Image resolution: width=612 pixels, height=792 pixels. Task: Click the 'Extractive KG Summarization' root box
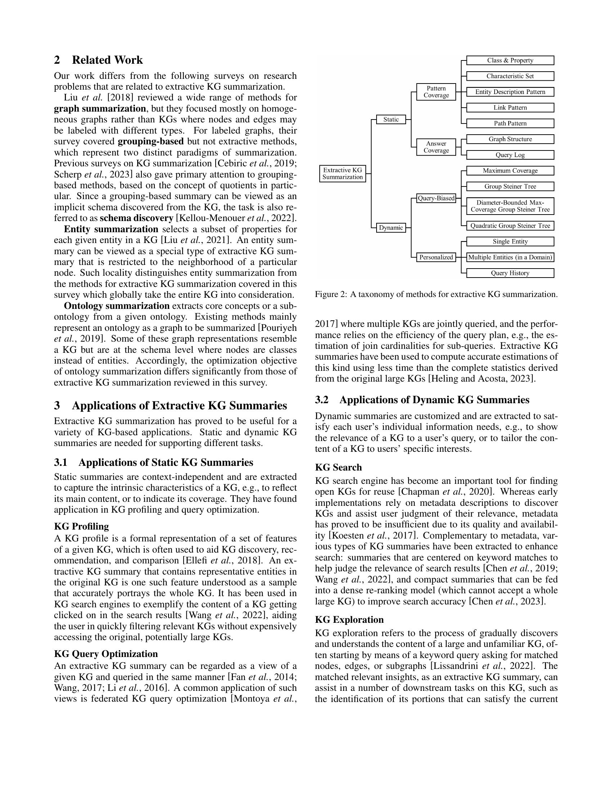(342, 174)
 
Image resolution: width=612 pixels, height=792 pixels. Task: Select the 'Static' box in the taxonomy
(391, 119)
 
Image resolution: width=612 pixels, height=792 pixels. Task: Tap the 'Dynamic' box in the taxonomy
(391, 228)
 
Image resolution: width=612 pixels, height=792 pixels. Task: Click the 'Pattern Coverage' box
(436, 92)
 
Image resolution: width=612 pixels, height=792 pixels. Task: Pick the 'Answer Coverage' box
(436, 147)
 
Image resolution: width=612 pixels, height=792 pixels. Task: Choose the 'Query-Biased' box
(436, 198)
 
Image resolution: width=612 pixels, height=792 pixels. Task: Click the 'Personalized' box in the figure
(436, 257)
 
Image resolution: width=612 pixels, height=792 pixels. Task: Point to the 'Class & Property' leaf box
(510, 60)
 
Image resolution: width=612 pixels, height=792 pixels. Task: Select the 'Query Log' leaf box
(510, 155)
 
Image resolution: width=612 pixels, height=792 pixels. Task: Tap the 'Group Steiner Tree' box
(510, 186)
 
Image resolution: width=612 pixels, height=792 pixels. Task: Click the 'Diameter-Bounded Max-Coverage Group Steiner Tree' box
(510, 206)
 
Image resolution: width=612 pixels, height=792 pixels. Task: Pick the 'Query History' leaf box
(510, 273)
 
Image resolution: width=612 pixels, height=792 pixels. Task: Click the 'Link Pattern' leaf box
(510, 108)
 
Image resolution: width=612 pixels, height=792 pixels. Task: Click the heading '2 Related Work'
(98, 60)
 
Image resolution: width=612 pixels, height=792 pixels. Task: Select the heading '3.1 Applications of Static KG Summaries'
(153, 462)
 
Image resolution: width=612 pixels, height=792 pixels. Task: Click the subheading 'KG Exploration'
(349, 620)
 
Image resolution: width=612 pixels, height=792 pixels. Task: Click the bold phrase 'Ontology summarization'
(116, 306)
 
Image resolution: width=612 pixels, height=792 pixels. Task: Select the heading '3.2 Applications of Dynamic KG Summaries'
(422, 400)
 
